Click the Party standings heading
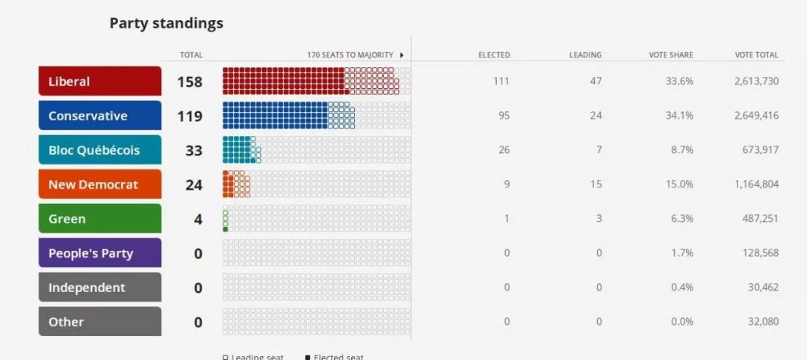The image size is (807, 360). (166, 23)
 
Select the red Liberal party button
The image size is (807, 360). (100, 81)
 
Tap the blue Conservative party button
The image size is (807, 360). (100, 116)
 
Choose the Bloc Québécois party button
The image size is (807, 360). (100, 150)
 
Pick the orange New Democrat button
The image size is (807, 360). (100, 184)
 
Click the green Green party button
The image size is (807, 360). (100, 219)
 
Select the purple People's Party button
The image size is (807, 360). (100, 253)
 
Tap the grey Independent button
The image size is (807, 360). (100, 288)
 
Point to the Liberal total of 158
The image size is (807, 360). (190, 81)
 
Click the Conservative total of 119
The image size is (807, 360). (190, 116)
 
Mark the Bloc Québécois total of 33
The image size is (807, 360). (194, 150)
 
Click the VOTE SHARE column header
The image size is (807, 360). (671, 55)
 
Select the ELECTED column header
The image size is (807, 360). (494, 55)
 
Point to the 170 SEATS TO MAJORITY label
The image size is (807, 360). (350, 55)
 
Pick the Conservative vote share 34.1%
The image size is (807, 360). (679, 116)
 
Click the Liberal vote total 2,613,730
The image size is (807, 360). (756, 81)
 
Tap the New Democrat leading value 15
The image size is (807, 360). (596, 184)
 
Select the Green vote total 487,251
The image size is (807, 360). (759, 219)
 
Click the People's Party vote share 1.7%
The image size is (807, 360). (681, 253)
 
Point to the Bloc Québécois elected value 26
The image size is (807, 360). (504, 150)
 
